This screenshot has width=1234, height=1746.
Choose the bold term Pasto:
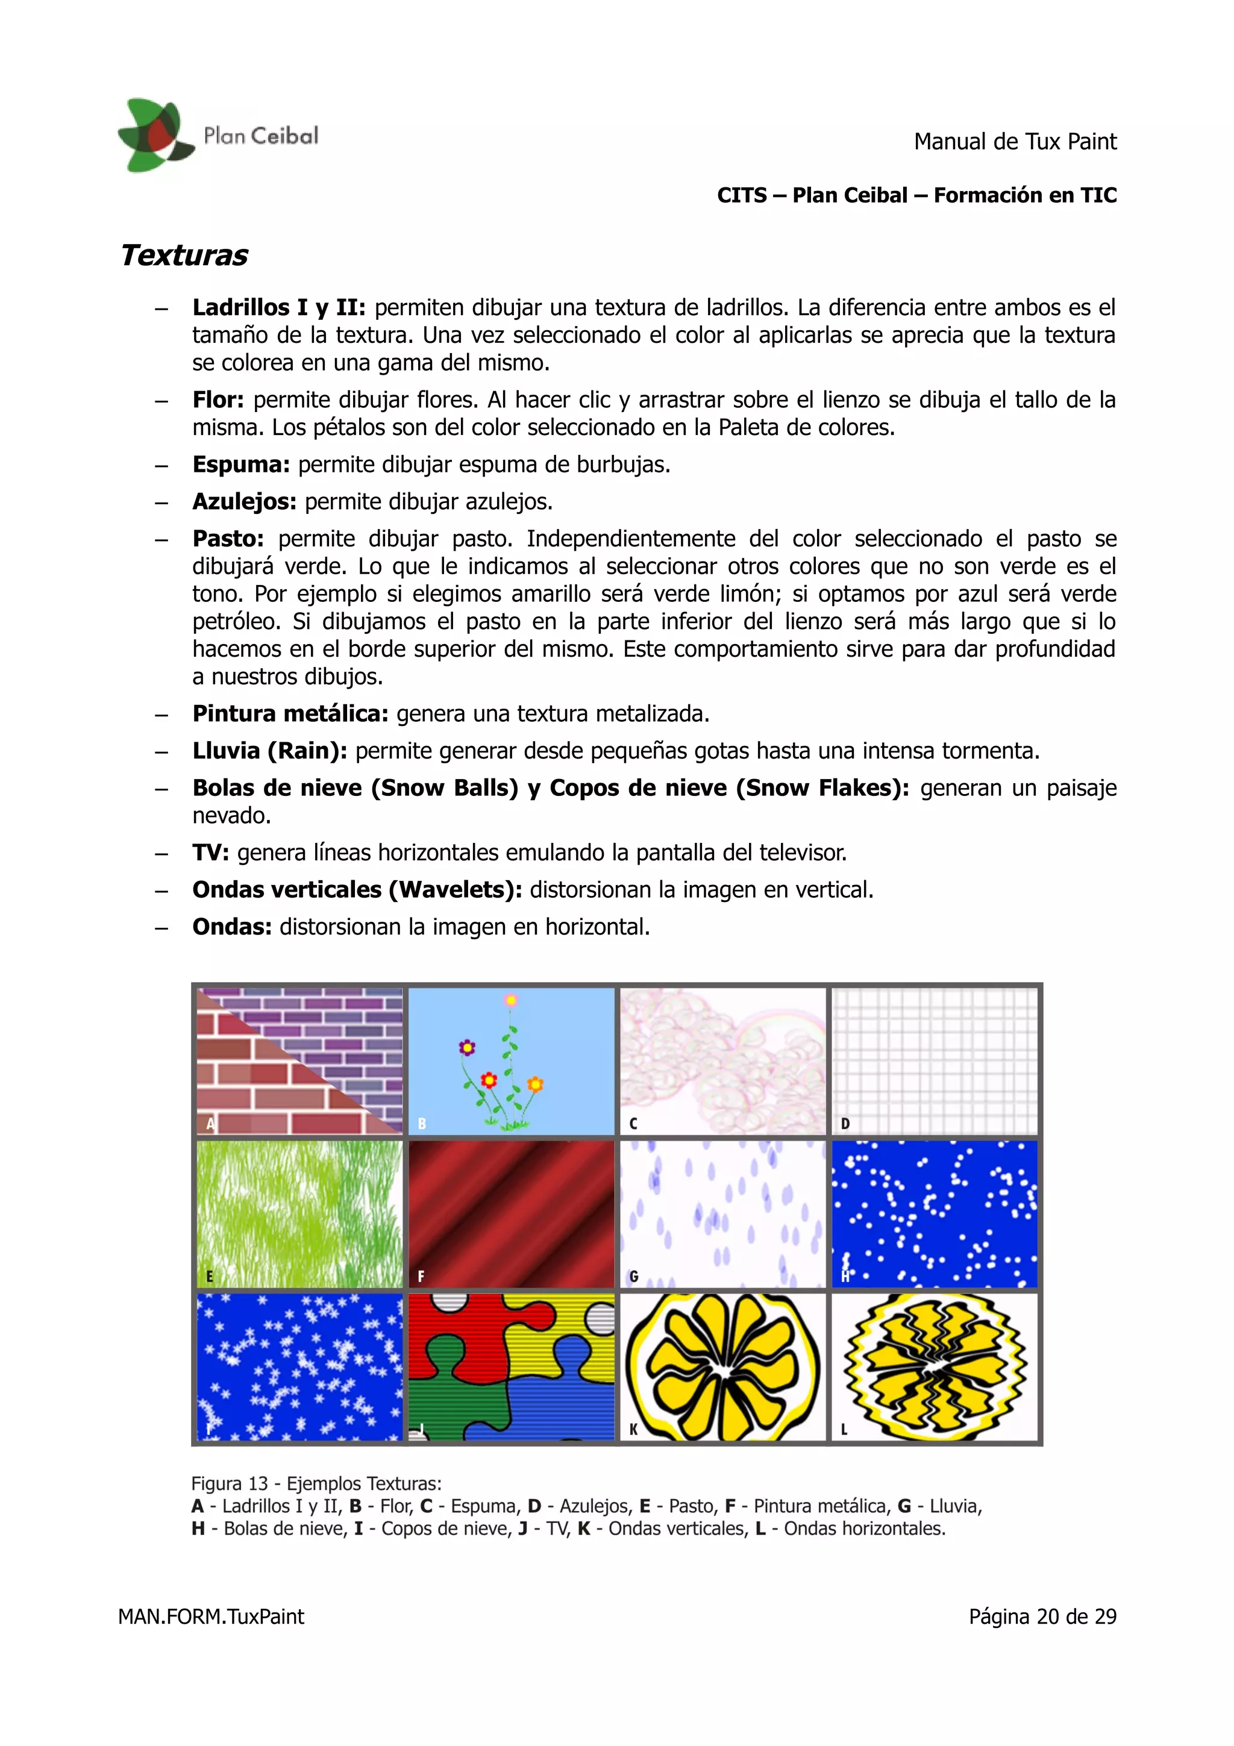227,539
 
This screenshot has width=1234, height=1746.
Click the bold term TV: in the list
210,853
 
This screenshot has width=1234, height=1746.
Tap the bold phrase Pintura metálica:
290,714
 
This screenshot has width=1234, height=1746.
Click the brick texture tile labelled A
299,1061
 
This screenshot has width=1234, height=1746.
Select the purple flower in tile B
467,1048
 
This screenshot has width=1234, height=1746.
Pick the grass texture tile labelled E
299,1213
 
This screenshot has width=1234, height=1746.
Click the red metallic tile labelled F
511,1213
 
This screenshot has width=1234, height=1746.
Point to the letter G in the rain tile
633,1277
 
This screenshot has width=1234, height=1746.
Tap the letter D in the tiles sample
845,1124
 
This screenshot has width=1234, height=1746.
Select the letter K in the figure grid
633,1430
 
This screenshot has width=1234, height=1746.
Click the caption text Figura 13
230,1484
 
